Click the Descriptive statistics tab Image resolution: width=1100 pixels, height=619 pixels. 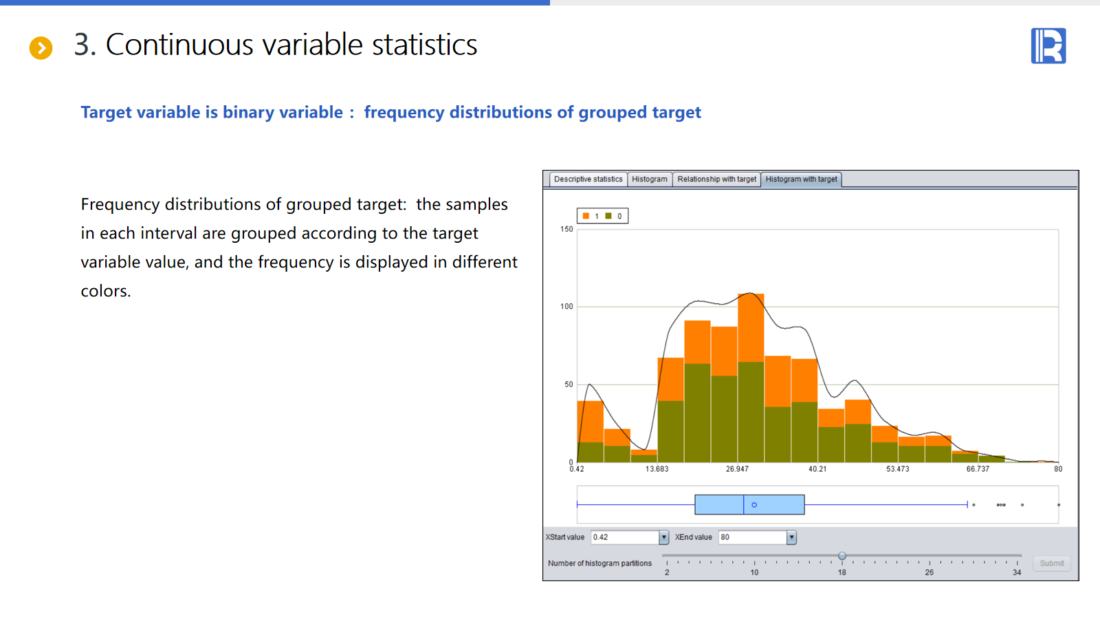pos(588,180)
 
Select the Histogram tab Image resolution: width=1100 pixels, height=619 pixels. pos(649,180)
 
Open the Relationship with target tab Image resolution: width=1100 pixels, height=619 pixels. pos(716,180)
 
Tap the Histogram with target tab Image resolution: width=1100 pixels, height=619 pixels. pos(801,180)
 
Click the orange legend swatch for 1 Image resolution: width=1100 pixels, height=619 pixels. pos(586,216)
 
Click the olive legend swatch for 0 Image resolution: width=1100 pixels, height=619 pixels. pos(608,216)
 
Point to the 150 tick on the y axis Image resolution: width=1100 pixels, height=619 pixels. pos(566,229)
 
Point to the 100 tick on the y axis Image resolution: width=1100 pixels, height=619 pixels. pos(566,307)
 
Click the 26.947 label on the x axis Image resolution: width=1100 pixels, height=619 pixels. pos(737,469)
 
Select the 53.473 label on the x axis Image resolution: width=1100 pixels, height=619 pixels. pos(898,469)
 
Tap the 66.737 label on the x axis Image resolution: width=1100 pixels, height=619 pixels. pos(978,469)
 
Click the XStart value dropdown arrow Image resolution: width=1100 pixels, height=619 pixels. pos(663,537)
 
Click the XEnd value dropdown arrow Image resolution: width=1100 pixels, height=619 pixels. pos(791,537)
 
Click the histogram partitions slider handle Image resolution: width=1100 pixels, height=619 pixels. pos(842,556)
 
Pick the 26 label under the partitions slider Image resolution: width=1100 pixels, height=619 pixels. pos(929,572)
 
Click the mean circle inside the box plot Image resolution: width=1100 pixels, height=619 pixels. pos(754,505)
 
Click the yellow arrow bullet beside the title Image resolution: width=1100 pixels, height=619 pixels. pos(41,48)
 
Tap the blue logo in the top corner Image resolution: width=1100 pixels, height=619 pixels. pos(1048,45)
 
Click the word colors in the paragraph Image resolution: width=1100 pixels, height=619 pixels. pos(106,292)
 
